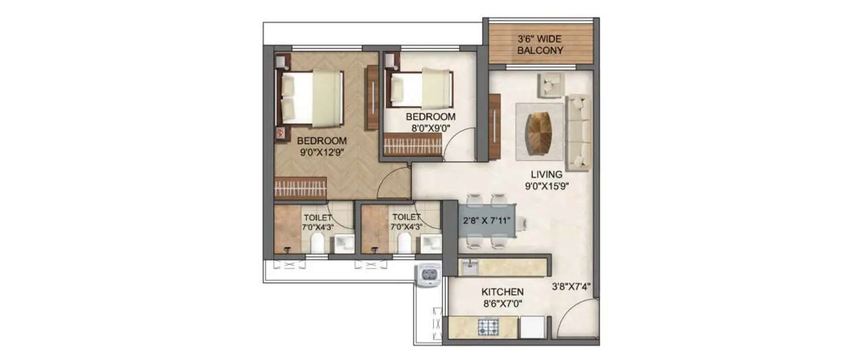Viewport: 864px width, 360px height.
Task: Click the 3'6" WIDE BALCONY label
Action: (x=540, y=45)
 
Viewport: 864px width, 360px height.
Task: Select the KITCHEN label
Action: (x=503, y=292)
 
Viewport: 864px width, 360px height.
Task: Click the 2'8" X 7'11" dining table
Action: (x=486, y=221)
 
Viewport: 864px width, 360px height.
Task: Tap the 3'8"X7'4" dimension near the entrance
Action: (x=571, y=285)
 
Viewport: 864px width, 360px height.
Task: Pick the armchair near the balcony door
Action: (x=550, y=86)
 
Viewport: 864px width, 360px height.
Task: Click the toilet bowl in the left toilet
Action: (x=316, y=244)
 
